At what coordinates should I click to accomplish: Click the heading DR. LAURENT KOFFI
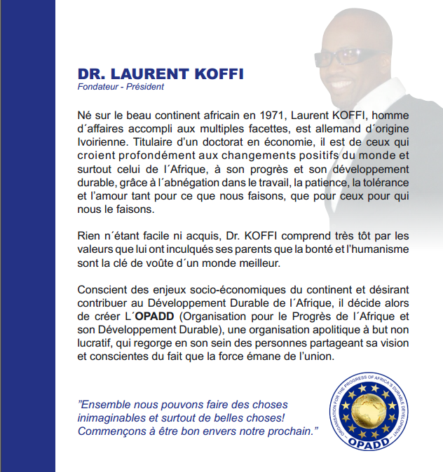point(160,74)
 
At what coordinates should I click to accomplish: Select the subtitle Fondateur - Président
point(121,88)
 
